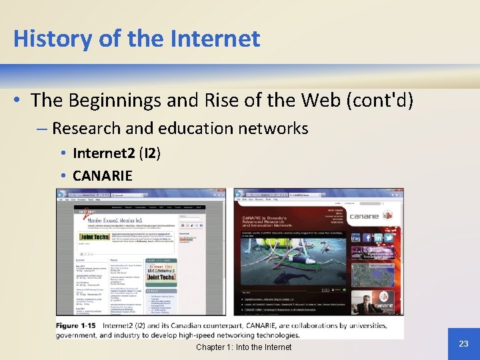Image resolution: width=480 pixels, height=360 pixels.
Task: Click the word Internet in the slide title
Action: click(x=216, y=39)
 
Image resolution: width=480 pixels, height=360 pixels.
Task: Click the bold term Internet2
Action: click(x=103, y=153)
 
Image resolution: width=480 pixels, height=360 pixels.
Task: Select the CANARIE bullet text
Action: click(x=103, y=176)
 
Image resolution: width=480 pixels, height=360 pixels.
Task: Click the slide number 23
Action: click(x=464, y=343)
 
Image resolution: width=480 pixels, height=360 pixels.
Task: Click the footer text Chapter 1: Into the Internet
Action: click(x=243, y=347)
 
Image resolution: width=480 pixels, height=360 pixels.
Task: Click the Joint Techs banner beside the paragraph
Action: click(x=95, y=235)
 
